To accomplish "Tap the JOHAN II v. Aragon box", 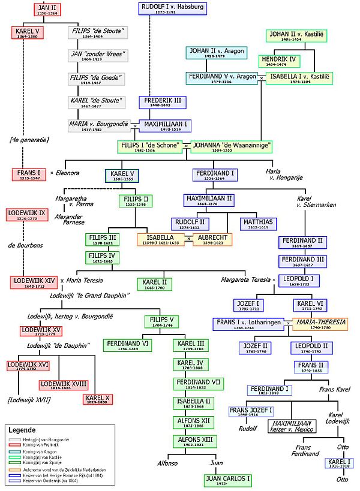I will click(216, 53).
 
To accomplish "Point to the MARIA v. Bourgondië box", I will click(99, 126).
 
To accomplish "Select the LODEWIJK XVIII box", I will click(63, 385).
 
